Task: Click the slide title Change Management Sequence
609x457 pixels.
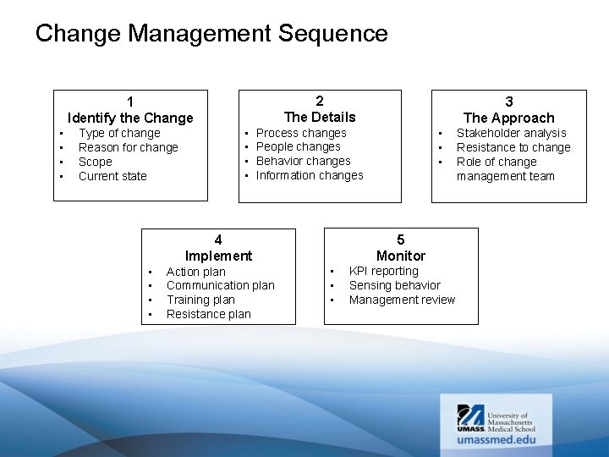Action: [x=211, y=34]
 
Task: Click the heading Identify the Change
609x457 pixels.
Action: [x=130, y=118]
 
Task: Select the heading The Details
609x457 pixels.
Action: [x=320, y=117]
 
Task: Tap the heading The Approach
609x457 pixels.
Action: [x=508, y=118]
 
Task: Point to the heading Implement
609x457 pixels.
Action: [x=218, y=256]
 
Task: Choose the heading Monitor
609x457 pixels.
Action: [x=401, y=256]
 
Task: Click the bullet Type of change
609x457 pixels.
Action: [x=119, y=133]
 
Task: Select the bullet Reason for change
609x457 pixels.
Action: [x=128, y=147]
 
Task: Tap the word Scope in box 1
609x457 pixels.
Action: [x=95, y=162]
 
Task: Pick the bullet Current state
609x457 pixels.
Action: [x=112, y=176]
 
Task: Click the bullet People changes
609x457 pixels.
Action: [x=298, y=146]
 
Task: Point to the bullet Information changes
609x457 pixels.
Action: [x=310, y=175]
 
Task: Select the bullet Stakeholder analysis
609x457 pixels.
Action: [x=511, y=133]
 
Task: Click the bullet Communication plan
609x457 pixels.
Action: [x=220, y=285]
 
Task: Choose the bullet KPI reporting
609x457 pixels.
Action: [x=383, y=271]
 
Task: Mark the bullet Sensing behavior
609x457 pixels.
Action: [x=394, y=285]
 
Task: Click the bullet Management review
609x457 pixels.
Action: [x=402, y=300]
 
